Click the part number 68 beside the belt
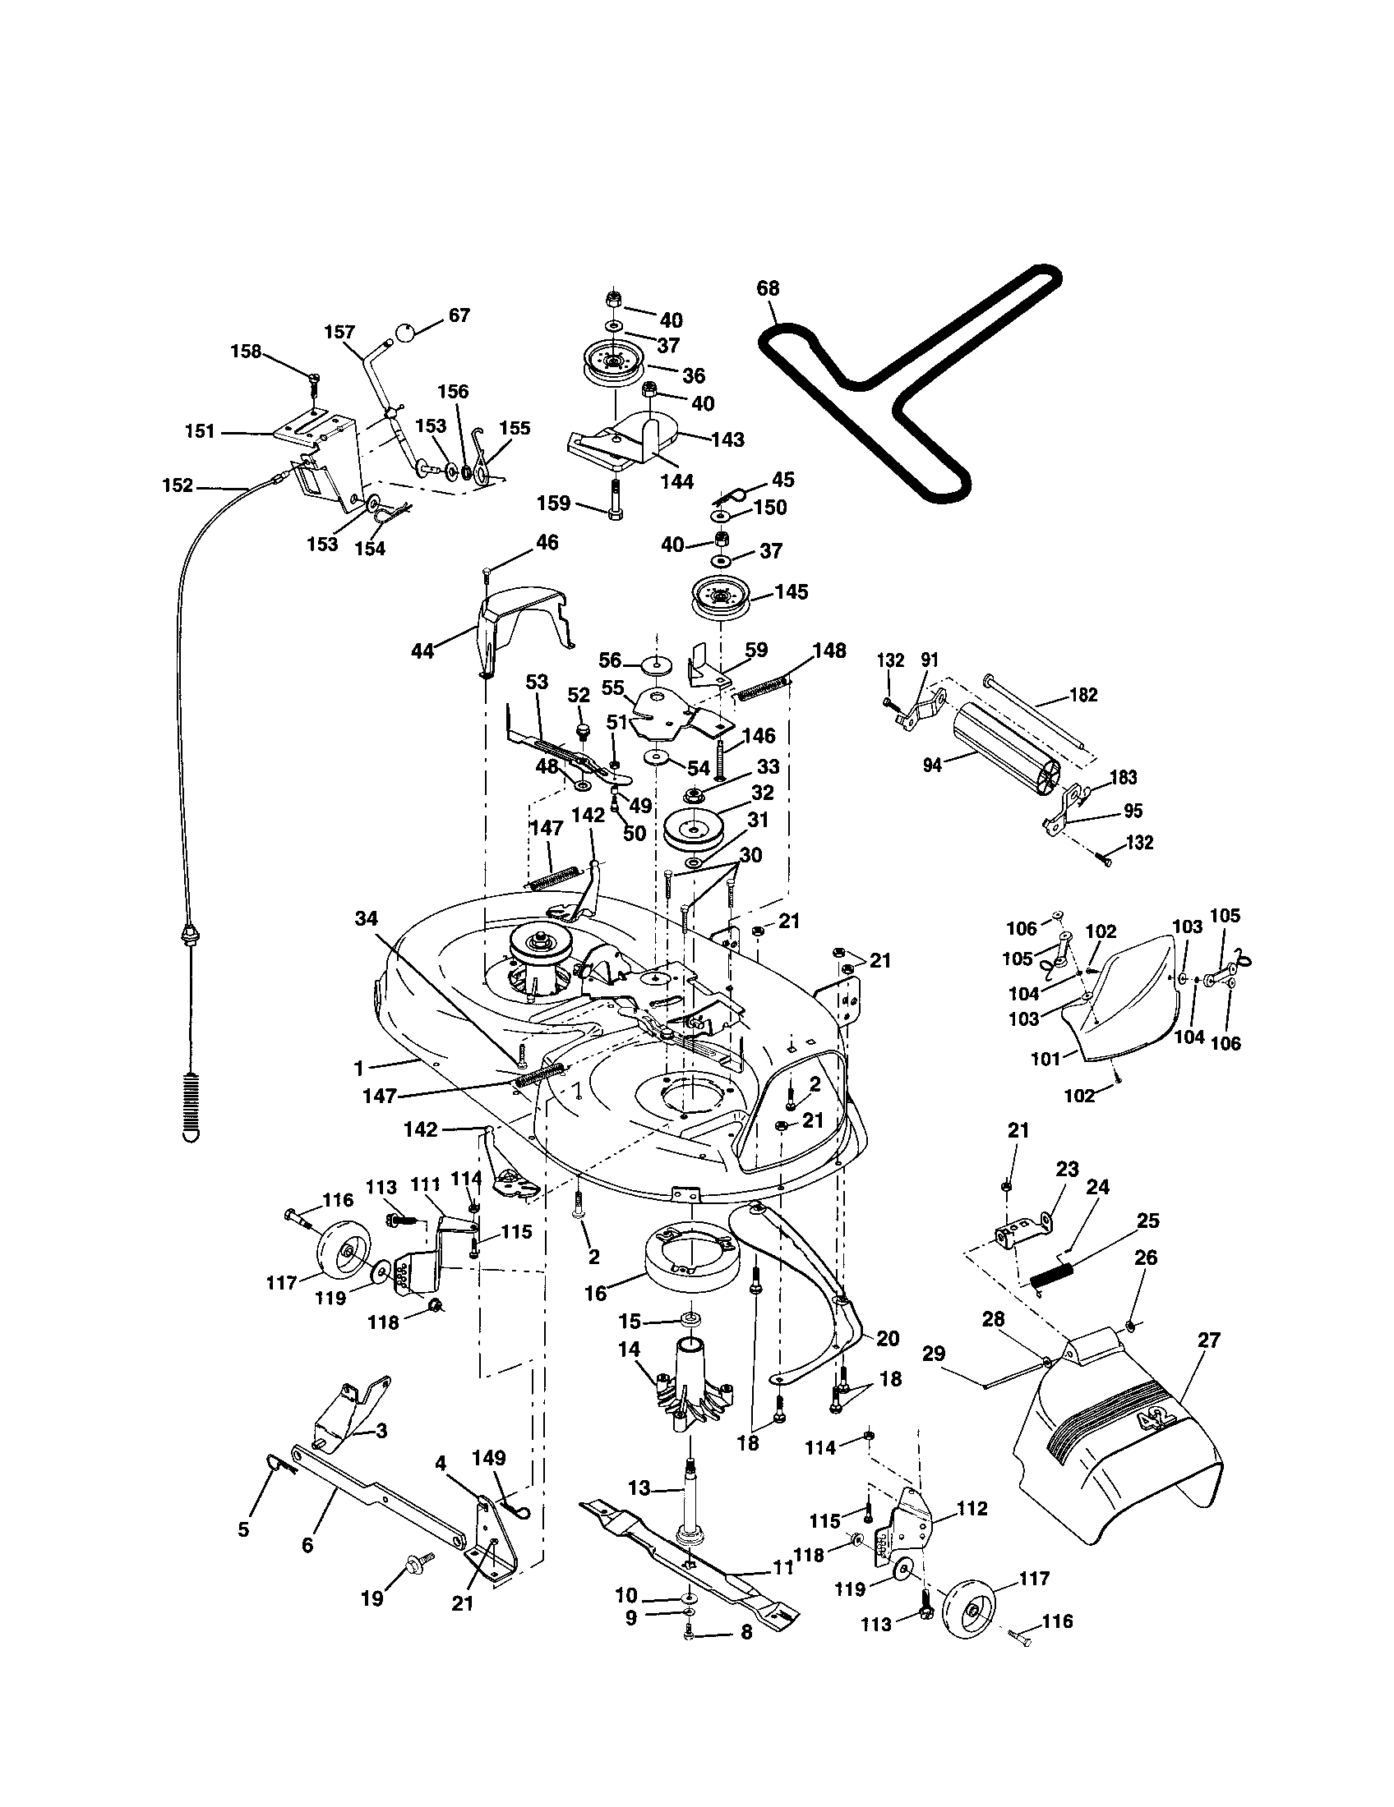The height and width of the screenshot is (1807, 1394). tap(769, 289)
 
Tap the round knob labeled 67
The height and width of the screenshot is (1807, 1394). tap(403, 333)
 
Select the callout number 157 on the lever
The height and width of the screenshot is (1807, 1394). tap(339, 333)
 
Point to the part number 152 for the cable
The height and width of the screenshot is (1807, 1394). tap(178, 485)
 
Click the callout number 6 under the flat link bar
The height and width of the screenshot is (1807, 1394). tap(307, 1545)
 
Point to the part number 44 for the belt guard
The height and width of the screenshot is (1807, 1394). tap(422, 651)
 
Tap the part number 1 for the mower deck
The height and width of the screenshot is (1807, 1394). tap(358, 1069)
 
